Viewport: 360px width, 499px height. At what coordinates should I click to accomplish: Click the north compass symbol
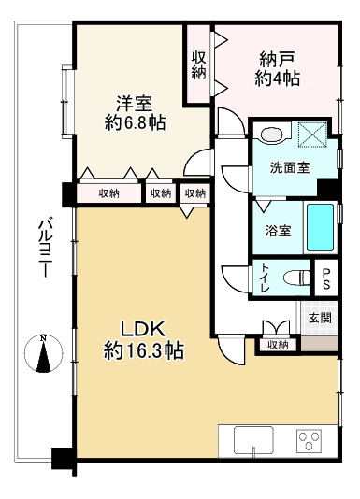[x=43, y=354]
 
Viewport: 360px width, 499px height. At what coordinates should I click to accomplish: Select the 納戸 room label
[x=277, y=59]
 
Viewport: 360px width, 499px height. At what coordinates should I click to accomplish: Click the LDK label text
[x=142, y=329]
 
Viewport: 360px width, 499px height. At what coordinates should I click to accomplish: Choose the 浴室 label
[x=278, y=231]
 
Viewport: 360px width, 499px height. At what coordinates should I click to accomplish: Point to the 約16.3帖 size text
[x=142, y=352]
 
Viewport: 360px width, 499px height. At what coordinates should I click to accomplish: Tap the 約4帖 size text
[x=277, y=79]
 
